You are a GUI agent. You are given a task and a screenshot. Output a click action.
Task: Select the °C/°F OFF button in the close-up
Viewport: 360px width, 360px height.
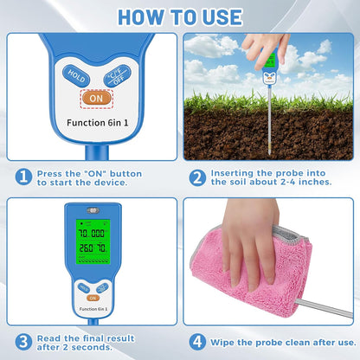click(x=114, y=76)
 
